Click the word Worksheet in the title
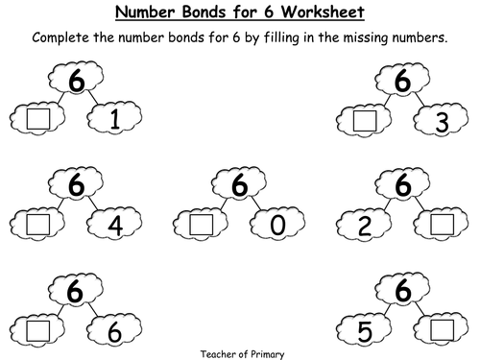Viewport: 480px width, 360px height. click(x=323, y=12)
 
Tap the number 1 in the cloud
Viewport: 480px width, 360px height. click(x=114, y=119)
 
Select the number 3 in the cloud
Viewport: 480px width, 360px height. click(x=442, y=122)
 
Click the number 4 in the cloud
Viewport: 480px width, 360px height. click(x=115, y=226)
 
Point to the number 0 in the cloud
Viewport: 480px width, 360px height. click(x=277, y=225)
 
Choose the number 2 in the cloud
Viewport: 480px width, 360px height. click(x=365, y=226)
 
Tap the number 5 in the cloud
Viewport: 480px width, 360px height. click(x=365, y=331)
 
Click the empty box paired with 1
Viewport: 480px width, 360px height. click(x=38, y=119)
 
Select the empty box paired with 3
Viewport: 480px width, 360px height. click(x=365, y=121)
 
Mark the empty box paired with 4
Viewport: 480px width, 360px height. click(x=38, y=225)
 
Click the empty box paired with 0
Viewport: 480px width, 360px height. click(x=202, y=225)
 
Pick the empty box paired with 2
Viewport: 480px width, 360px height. click(x=443, y=225)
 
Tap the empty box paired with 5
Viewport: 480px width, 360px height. click(x=443, y=330)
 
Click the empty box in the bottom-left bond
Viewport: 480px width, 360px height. click(x=38, y=331)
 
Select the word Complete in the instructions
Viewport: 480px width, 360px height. click(x=60, y=37)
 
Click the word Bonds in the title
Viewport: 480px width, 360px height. click(x=204, y=12)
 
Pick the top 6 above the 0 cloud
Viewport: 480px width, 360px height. click(x=239, y=184)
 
